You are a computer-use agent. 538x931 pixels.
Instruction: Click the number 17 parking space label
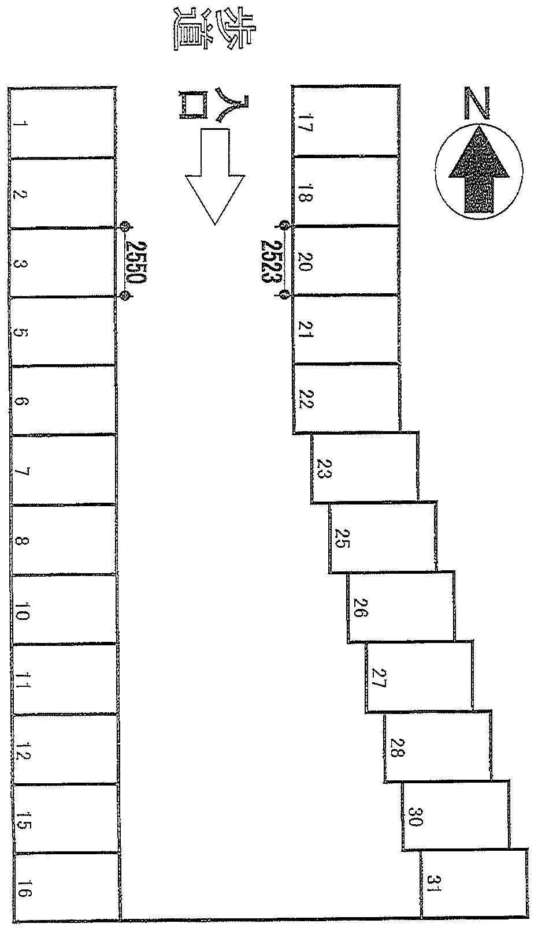point(305,122)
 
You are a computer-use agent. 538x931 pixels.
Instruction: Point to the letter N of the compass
point(477,103)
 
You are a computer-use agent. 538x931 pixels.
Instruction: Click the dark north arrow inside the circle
point(479,170)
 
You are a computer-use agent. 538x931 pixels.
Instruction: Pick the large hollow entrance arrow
point(215,177)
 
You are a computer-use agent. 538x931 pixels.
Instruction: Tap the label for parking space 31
point(434,888)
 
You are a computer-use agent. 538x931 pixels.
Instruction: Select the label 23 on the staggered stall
point(322,469)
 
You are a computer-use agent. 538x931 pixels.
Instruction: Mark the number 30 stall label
point(415,817)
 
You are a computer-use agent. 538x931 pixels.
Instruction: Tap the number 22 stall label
point(306,399)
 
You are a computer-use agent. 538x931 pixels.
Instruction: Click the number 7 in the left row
point(21,472)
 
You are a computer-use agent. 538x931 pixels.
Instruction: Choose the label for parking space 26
point(360,608)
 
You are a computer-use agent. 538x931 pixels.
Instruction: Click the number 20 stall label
point(305,261)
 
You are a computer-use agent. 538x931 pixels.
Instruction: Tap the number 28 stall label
point(396,747)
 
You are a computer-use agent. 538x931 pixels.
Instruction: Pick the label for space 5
point(20,333)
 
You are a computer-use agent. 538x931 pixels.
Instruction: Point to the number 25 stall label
point(341,539)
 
